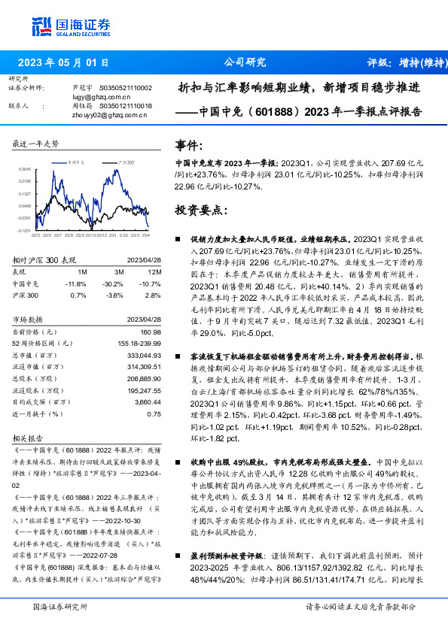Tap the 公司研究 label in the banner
[x=245, y=63]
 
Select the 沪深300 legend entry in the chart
[x=127, y=162]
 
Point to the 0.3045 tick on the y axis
[x=24, y=169]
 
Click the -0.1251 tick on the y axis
[x=24, y=231]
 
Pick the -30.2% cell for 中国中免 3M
[x=114, y=284]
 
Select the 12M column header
[x=155, y=271]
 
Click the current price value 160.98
[x=151, y=332]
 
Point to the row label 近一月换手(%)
[x=38, y=413]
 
